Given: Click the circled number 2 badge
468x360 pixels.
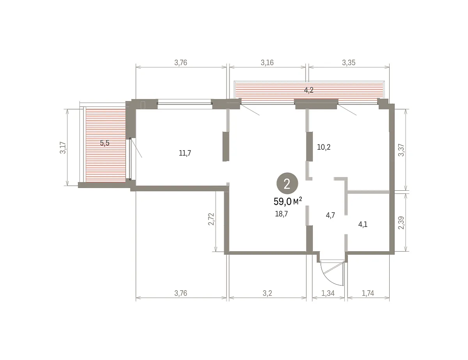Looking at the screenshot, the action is pyautogui.click(x=287, y=183).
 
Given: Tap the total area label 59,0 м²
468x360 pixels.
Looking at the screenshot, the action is pyautogui.click(x=288, y=202).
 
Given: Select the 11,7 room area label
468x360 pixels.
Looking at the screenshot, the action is pyautogui.click(x=185, y=153).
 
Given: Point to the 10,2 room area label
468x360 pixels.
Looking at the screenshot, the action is pyautogui.click(x=324, y=147).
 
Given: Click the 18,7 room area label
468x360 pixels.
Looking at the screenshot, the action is pyautogui.click(x=282, y=214).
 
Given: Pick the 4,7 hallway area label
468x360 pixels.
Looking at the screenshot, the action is pyautogui.click(x=330, y=215).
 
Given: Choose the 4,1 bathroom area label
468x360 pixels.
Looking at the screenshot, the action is pyautogui.click(x=363, y=225).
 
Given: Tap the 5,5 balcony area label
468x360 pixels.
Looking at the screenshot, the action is pyautogui.click(x=105, y=143).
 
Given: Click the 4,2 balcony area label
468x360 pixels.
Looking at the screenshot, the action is pyautogui.click(x=308, y=90).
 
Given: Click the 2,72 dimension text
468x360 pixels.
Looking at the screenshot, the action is pyautogui.click(x=211, y=219).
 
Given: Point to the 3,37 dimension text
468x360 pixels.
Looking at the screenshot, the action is pyautogui.click(x=401, y=150).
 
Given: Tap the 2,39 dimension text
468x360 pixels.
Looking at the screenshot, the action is pyautogui.click(x=401, y=223).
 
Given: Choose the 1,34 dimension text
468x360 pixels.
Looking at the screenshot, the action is pyautogui.click(x=328, y=293).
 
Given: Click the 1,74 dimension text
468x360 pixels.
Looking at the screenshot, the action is pyautogui.click(x=368, y=293).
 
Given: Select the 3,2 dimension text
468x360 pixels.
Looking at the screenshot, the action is pyautogui.click(x=267, y=293).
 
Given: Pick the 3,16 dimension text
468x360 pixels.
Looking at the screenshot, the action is pyautogui.click(x=267, y=62).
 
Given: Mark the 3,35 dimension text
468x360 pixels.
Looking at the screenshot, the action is pyautogui.click(x=349, y=62).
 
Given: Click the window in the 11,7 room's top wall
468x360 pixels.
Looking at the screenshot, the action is pyautogui.click(x=184, y=104).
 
